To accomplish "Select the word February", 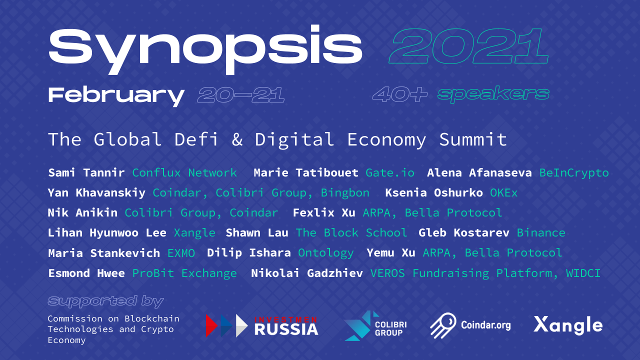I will click(x=116, y=94).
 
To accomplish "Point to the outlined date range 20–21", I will click(x=241, y=94).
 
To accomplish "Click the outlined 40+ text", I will click(x=399, y=94).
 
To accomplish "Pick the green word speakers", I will click(x=493, y=94).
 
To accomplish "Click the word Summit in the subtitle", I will click(x=473, y=139).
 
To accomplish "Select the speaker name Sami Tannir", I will click(x=86, y=173).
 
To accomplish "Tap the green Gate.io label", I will click(x=390, y=173).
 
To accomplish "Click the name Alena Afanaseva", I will click(x=479, y=173).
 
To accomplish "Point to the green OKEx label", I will click(x=503, y=193).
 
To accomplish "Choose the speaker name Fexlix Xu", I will click(x=324, y=213).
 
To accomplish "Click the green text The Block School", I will click(x=351, y=233).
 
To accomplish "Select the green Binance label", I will click(x=541, y=233).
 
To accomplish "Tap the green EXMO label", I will click(x=181, y=253).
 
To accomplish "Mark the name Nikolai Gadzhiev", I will click(x=307, y=273).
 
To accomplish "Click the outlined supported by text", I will click(x=105, y=301).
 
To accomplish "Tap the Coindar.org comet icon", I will click(x=443, y=325).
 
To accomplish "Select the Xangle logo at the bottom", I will click(x=568, y=325).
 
